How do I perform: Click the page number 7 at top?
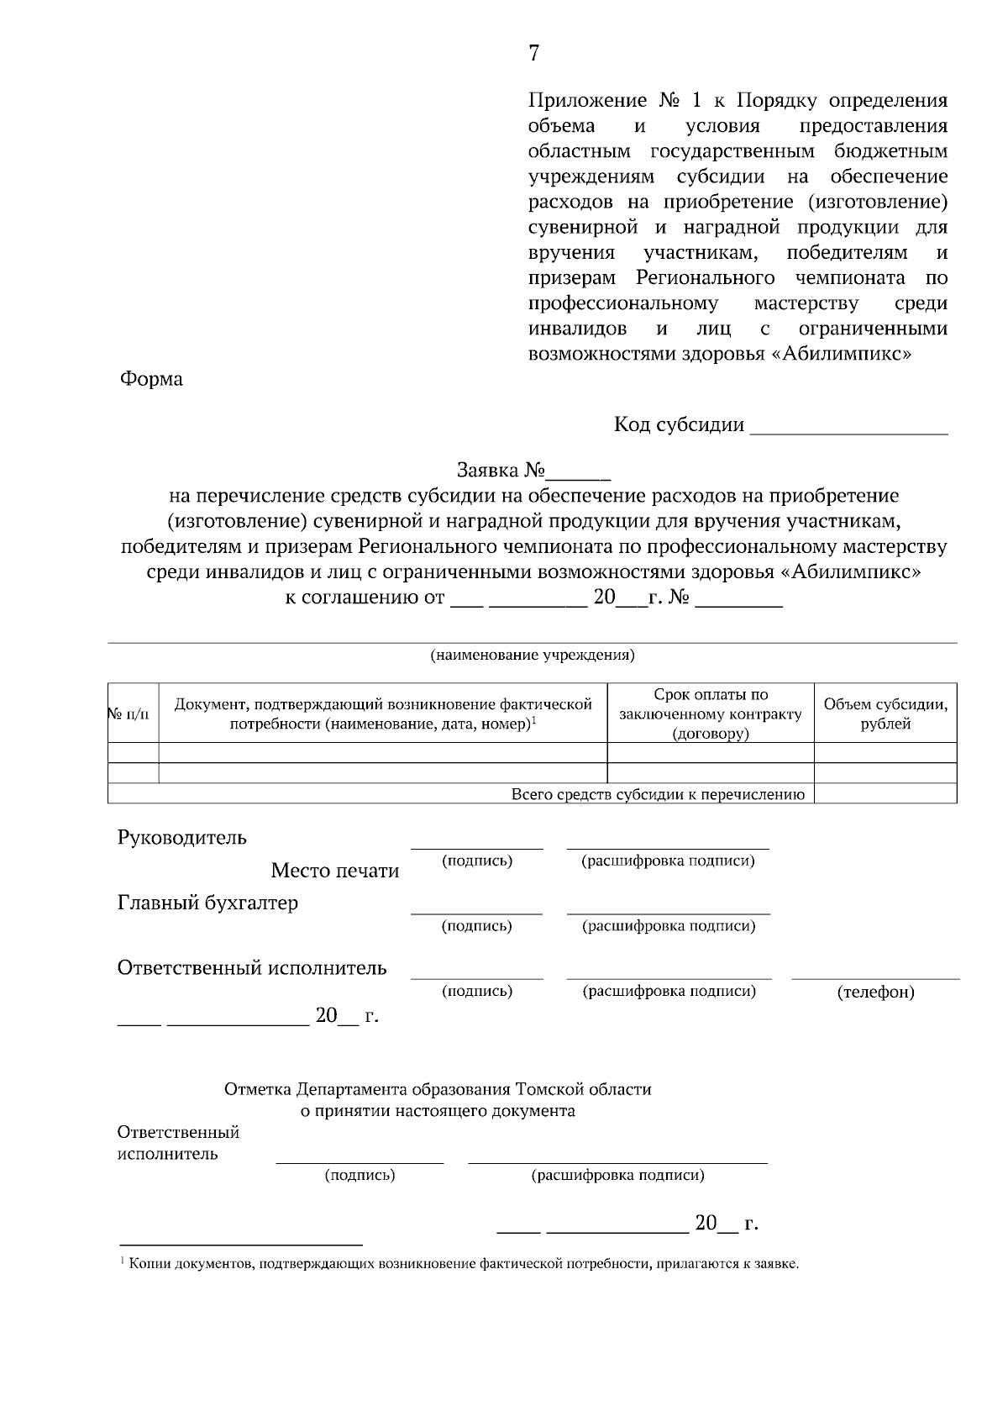534,54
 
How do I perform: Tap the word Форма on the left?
151,379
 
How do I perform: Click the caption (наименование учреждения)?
533,655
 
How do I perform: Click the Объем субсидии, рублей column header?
885,713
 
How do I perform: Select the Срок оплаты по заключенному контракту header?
711,713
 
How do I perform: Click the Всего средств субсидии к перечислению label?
658,794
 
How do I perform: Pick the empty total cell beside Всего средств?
885,794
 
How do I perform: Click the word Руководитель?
181,838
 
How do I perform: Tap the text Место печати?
334,871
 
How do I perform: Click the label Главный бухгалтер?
207,903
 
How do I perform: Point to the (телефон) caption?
876,993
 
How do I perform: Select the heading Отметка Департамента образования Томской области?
438,1089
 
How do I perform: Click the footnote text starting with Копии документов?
462,1264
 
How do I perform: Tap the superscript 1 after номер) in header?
534,719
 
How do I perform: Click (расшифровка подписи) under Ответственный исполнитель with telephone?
669,991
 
